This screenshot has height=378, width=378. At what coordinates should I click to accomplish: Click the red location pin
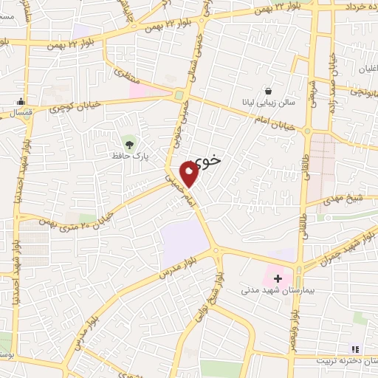(x=189, y=173)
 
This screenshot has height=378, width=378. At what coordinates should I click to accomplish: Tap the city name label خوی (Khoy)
(x=210, y=157)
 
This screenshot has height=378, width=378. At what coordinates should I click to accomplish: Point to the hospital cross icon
(x=278, y=278)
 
